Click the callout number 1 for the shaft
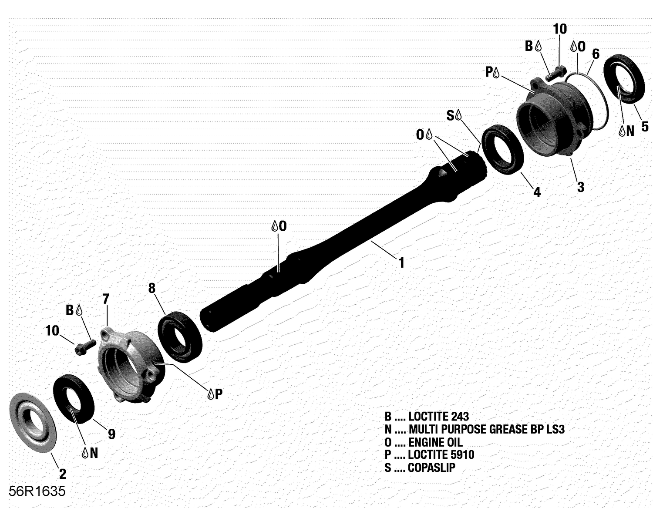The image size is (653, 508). click(401, 262)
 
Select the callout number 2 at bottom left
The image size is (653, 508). click(62, 474)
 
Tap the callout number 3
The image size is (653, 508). click(580, 187)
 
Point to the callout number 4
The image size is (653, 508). click(537, 192)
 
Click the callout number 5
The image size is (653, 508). click(645, 127)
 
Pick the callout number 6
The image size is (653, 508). click(596, 54)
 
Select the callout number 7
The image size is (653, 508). click(106, 299)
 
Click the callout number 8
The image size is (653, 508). click(151, 288)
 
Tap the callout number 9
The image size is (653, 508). click(111, 434)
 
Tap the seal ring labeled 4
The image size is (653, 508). click(504, 150)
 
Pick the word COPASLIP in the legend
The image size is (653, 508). click(431, 468)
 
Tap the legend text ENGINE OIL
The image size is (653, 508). click(435, 443)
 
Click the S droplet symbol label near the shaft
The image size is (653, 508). click(454, 115)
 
